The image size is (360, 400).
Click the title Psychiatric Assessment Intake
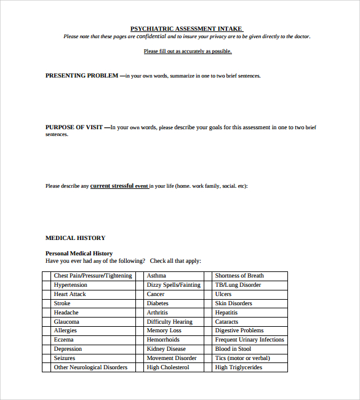(x=186, y=28)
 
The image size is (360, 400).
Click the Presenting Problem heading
(x=82, y=76)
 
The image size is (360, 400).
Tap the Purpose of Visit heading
(x=74, y=127)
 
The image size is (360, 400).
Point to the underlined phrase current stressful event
(x=119, y=185)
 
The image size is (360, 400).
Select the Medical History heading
(x=75, y=238)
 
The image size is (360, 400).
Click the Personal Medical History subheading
(x=79, y=253)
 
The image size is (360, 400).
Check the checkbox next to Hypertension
(x=46, y=285)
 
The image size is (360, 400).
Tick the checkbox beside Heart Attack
(x=46, y=294)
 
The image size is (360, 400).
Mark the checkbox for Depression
(x=46, y=349)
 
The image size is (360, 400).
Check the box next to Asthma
(x=140, y=276)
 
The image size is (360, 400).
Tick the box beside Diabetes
(x=140, y=303)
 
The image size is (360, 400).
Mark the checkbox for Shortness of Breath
(x=208, y=276)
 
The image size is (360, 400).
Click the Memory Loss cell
(x=164, y=330)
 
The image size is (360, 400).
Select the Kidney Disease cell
(x=166, y=349)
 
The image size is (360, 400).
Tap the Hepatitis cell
(x=227, y=313)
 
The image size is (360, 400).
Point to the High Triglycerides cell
(x=238, y=367)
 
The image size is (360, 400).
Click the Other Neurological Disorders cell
(x=90, y=367)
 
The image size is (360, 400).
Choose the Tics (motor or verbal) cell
(x=242, y=358)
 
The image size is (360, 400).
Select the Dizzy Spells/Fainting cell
(x=174, y=285)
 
